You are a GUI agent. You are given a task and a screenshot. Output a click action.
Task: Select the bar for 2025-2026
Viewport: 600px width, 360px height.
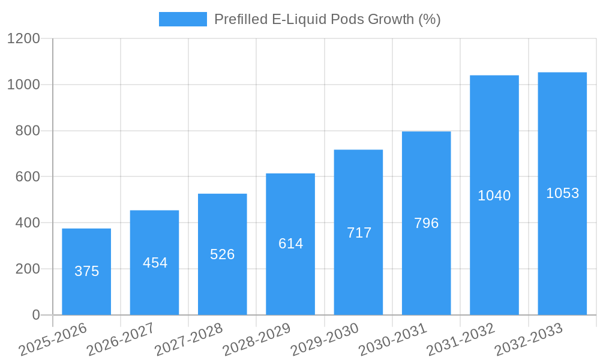pyautogui.click(x=86, y=271)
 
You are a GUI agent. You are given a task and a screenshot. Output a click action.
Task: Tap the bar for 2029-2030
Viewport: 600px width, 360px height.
pyautogui.click(x=358, y=232)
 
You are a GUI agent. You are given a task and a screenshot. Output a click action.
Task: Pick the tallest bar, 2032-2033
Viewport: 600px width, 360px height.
pyautogui.click(x=562, y=193)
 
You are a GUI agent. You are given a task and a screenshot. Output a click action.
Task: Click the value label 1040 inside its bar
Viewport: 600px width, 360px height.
pyautogui.click(x=494, y=196)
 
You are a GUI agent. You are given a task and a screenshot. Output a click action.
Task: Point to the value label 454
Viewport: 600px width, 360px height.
pyautogui.click(x=155, y=263)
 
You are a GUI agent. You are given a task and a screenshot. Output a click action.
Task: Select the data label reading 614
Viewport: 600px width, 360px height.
pyautogui.click(x=290, y=244)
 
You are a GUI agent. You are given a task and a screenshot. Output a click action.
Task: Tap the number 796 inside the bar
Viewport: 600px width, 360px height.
pyautogui.click(x=426, y=223)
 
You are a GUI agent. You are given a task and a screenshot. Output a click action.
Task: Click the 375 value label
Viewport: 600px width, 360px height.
pyautogui.click(x=86, y=271)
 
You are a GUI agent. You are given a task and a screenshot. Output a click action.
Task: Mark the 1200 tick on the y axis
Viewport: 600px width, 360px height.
pyautogui.click(x=23, y=39)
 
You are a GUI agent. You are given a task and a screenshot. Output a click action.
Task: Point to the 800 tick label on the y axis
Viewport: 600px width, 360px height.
pyautogui.click(x=28, y=131)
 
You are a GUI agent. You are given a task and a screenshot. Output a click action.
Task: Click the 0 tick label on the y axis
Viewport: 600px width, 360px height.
pyautogui.click(x=35, y=315)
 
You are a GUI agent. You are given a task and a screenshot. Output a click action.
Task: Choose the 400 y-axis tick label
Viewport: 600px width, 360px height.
pyautogui.click(x=28, y=223)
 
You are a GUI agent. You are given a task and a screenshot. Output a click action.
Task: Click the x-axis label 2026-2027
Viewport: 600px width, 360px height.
pyautogui.click(x=120, y=340)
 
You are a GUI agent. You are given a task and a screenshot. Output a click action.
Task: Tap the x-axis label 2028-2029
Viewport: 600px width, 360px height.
pyautogui.click(x=256, y=340)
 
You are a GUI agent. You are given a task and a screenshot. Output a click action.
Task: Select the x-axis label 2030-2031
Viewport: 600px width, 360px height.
pyautogui.click(x=392, y=340)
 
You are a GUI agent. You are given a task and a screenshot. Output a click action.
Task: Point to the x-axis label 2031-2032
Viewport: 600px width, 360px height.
pyautogui.click(x=460, y=340)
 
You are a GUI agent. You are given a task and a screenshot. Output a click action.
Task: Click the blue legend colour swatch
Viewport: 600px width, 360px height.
pyautogui.click(x=182, y=19)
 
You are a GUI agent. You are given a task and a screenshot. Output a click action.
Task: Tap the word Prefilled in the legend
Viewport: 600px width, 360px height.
pyautogui.click(x=239, y=19)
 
